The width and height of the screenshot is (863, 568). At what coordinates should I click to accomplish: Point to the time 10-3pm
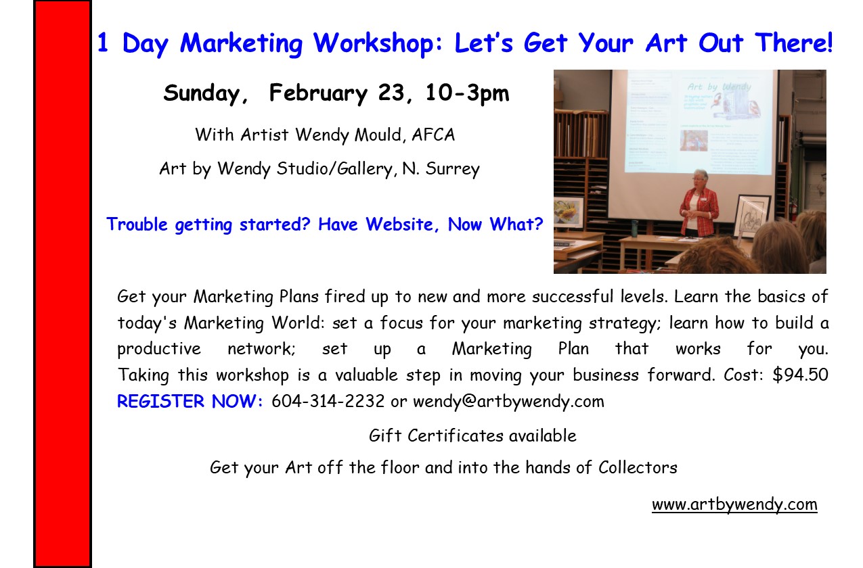click(x=467, y=93)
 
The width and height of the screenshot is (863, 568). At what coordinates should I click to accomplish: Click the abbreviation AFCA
click(x=433, y=135)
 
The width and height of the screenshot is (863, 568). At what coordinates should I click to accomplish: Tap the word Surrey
click(x=453, y=169)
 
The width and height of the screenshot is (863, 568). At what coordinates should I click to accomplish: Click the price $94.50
click(x=800, y=375)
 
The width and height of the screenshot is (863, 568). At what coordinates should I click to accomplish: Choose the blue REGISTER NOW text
click(x=190, y=401)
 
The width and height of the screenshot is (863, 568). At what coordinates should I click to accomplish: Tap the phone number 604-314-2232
click(x=328, y=401)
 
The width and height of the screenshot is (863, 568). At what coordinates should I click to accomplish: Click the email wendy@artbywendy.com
click(x=508, y=402)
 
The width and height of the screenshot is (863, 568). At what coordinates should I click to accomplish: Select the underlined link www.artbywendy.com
click(x=734, y=504)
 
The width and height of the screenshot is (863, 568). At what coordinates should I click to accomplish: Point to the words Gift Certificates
click(x=436, y=435)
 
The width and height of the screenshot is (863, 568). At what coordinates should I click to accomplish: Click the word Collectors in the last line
click(x=638, y=467)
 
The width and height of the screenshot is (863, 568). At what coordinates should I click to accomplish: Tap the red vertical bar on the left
click(x=62, y=284)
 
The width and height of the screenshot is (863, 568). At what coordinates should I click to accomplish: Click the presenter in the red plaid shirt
click(x=699, y=203)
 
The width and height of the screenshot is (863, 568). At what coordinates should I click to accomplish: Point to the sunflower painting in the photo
click(x=569, y=212)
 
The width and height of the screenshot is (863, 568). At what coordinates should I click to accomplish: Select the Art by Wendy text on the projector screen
click(x=719, y=87)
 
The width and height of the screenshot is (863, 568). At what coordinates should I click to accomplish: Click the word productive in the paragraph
click(x=159, y=349)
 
